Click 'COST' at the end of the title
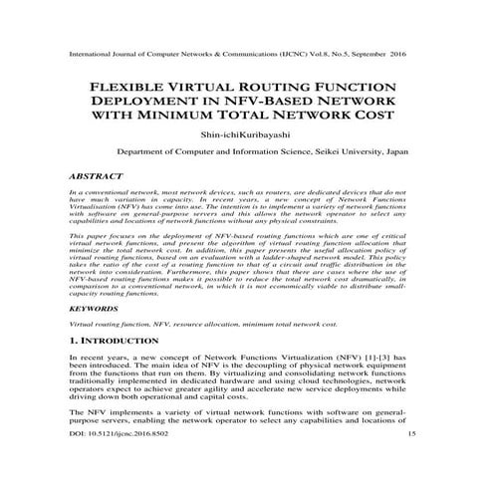(x=370, y=117)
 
